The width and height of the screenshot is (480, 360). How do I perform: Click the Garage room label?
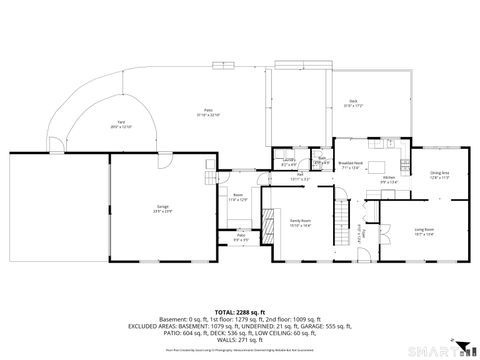162,209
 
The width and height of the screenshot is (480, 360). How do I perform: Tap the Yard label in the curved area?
120,124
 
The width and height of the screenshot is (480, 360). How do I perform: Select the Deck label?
354,102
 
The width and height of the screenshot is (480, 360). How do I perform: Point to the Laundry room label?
288,161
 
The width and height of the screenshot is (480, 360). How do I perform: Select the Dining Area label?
439,174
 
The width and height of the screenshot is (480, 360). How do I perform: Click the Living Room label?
424,232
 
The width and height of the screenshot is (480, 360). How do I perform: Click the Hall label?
300,175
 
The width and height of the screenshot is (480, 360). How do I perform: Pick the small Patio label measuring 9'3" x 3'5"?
241,237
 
